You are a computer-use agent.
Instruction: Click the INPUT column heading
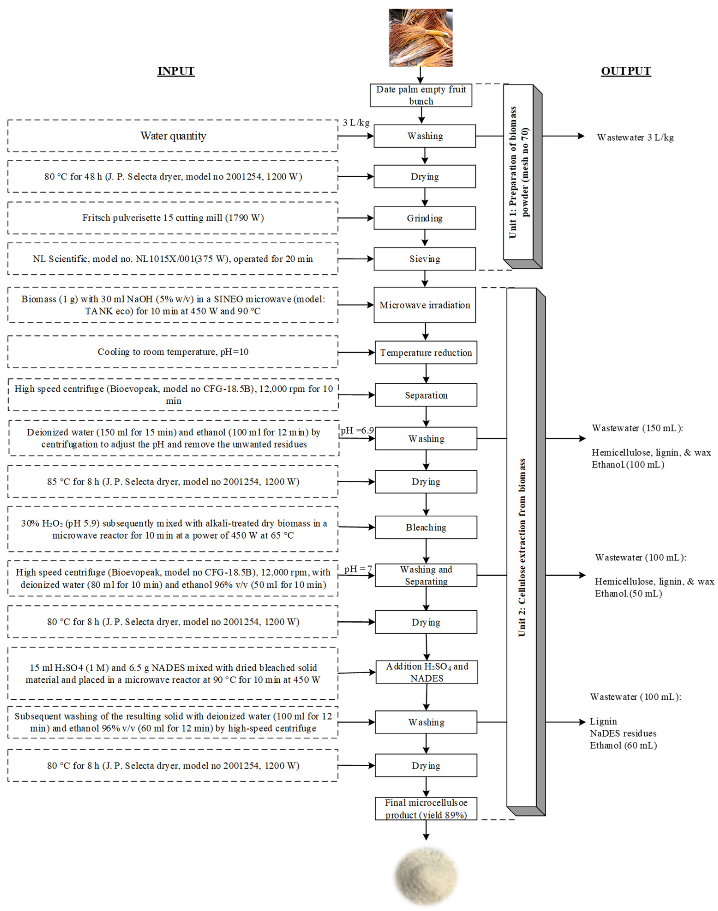click(x=176, y=71)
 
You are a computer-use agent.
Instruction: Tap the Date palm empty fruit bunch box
click(x=421, y=95)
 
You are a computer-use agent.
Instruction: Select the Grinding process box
click(x=425, y=218)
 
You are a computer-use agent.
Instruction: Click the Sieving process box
click(x=425, y=259)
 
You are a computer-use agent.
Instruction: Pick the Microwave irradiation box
click(x=425, y=305)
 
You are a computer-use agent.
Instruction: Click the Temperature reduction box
click(x=426, y=352)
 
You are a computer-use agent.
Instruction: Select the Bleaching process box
click(x=426, y=527)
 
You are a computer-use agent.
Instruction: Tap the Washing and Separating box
click(x=426, y=575)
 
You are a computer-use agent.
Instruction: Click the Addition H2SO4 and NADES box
click(x=427, y=672)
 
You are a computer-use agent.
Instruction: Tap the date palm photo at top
click(x=420, y=38)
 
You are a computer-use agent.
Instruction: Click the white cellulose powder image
click(x=425, y=876)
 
